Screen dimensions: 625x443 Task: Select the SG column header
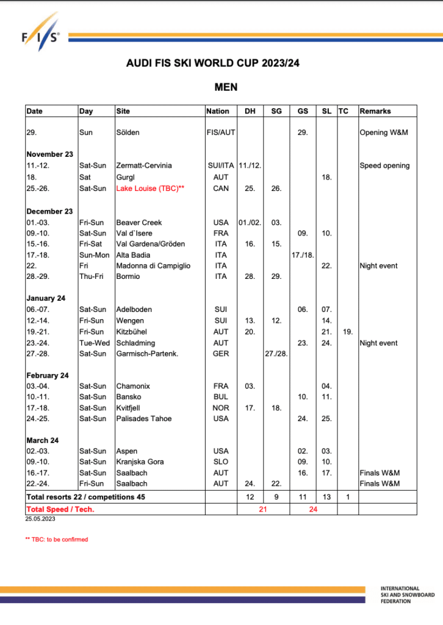[x=276, y=111]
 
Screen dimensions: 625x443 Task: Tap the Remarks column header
[x=375, y=111]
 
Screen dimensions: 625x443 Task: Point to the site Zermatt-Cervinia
[x=144, y=166]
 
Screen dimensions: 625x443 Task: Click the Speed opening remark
[x=384, y=166]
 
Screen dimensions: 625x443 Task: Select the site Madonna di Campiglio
[x=153, y=266]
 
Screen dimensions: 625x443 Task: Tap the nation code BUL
[x=221, y=397]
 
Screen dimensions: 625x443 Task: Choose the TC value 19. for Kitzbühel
[x=347, y=331]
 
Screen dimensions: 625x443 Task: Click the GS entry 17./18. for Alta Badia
[x=303, y=255]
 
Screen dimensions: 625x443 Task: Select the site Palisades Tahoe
[x=144, y=419]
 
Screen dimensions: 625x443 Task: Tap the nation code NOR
[x=221, y=408]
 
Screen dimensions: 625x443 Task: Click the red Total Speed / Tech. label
[x=60, y=509]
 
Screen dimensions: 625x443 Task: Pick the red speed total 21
[x=263, y=509]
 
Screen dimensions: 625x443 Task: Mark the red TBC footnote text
[x=56, y=540]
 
